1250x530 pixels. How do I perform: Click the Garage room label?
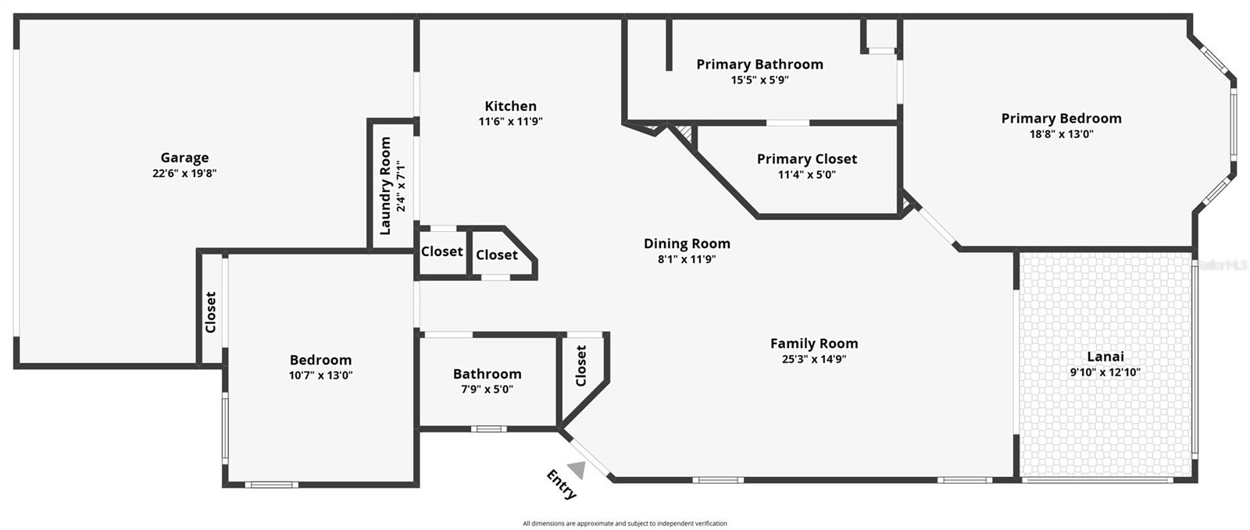(x=184, y=158)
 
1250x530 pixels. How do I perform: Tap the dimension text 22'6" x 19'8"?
(x=184, y=173)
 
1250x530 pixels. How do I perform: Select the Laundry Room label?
(x=385, y=186)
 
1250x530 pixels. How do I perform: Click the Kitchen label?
(x=510, y=106)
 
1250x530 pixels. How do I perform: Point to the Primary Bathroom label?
(x=759, y=64)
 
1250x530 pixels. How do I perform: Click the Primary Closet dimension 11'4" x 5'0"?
(x=806, y=175)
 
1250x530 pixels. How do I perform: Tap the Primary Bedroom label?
(x=1061, y=119)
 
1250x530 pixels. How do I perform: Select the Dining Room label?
(x=687, y=244)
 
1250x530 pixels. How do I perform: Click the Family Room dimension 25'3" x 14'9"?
(x=814, y=359)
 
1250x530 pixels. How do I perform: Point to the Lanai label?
(x=1105, y=357)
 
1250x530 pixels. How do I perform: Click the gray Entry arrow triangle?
(x=577, y=469)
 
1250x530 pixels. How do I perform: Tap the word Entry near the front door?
(x=561, y=484)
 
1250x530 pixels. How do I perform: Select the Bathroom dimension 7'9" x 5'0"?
(x=487, y=389)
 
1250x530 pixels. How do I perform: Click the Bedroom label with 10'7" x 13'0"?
(x=320, y=360)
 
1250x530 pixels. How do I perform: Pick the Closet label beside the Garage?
(x=211, y=312)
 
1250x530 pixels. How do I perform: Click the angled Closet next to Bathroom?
(x=580, y=365)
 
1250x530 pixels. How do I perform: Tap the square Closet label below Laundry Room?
(x=441, y=251)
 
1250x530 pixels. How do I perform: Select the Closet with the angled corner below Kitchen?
(x=497, y=254)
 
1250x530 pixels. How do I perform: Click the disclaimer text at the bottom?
(x=624, y=524)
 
